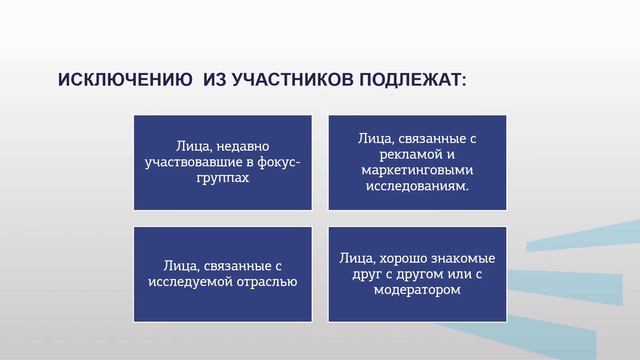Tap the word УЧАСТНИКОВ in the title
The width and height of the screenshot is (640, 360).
(288, 79)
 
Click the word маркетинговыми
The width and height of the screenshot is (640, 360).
(418, 170)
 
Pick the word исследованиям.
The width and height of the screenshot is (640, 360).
(418, 185)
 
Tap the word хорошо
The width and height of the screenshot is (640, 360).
(398, 259)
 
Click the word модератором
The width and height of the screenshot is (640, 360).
(418, 290)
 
